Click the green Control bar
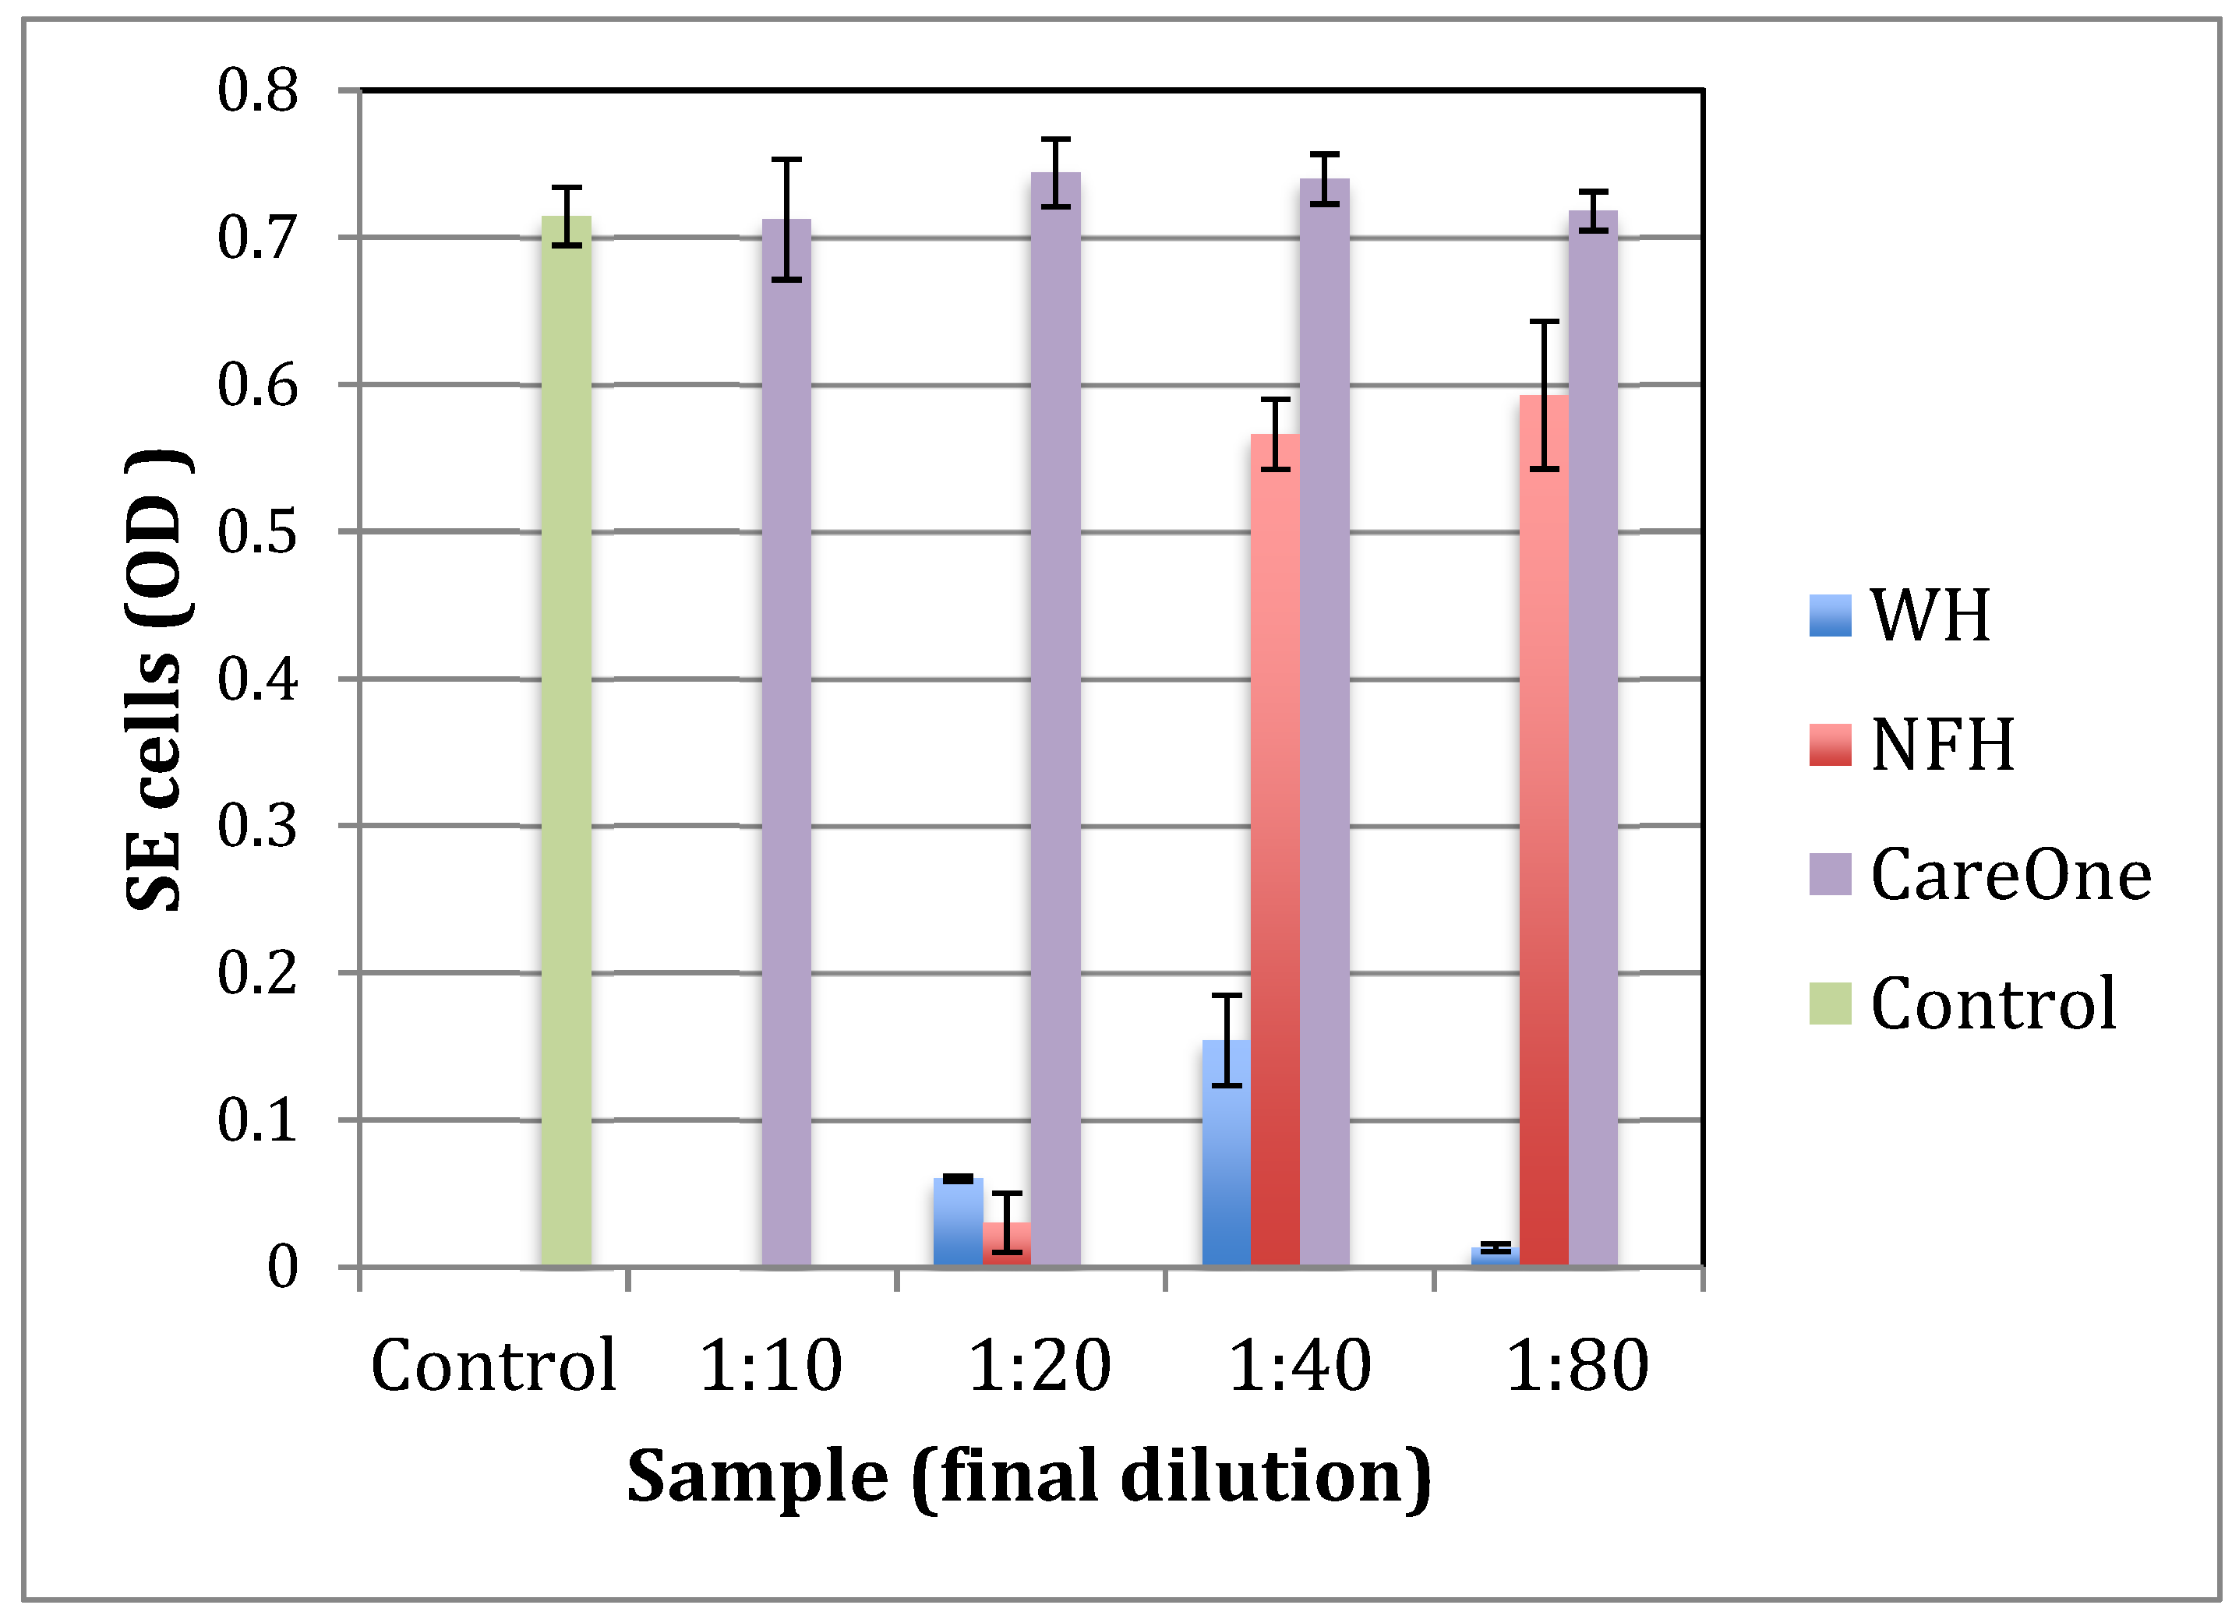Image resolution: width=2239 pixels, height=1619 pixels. tap(566, 740)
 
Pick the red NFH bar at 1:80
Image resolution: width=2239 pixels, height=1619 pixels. tap(1543, 829)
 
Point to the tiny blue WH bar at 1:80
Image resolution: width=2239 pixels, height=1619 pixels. tap(1494, 1256)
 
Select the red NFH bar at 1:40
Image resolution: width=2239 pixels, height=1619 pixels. tap(1274, 849)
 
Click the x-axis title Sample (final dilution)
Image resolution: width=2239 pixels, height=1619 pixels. tap(1029, 1478)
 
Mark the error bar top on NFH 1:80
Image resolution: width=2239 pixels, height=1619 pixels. tap(1543, 322)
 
